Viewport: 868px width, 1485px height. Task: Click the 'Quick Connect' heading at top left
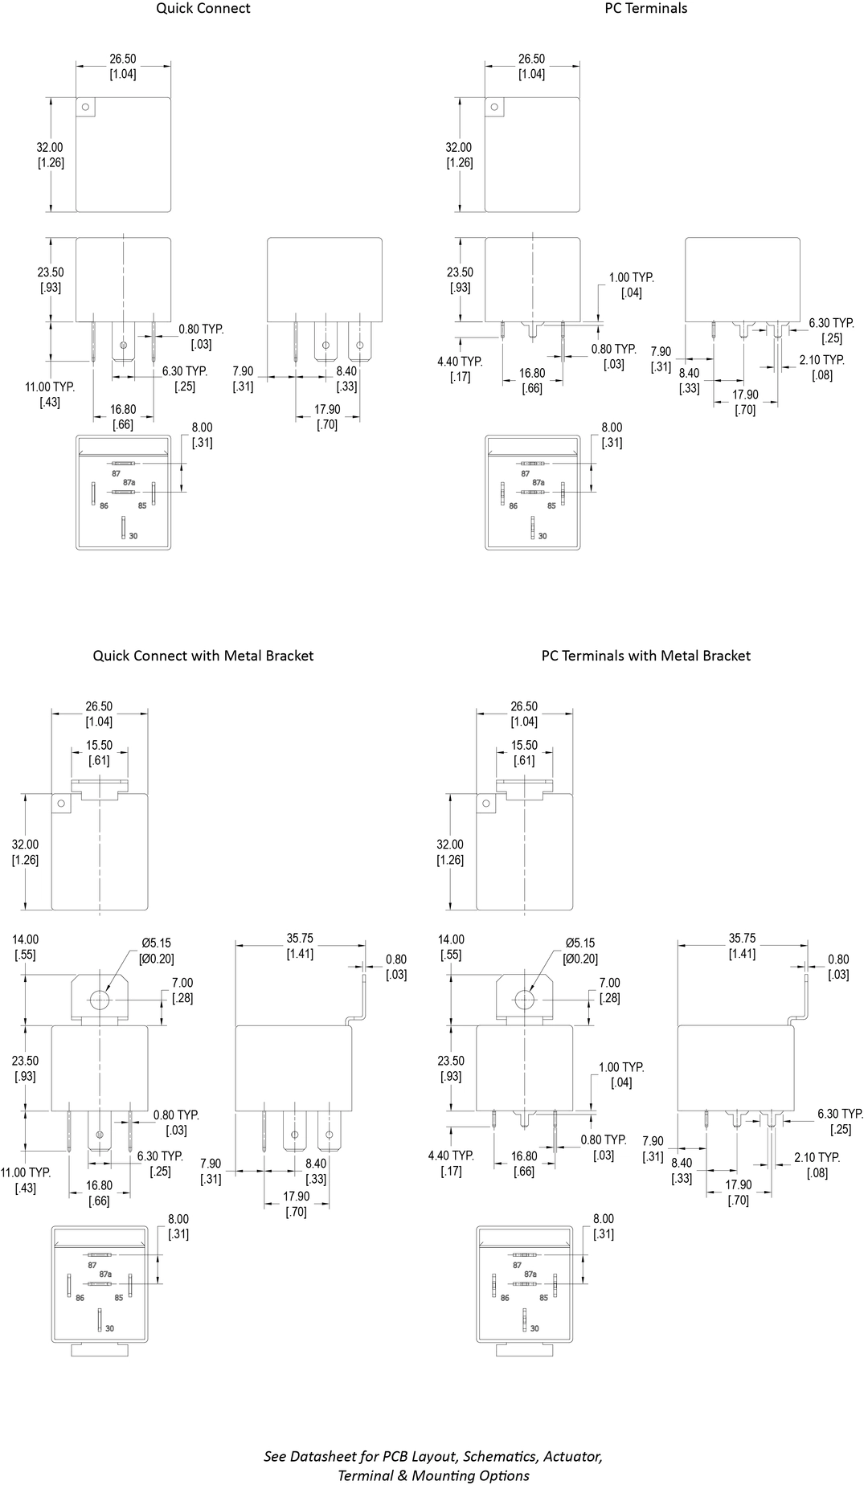pos(203,9)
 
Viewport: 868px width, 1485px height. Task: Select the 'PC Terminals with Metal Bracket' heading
pos(645,656)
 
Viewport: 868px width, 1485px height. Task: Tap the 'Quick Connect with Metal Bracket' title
pos(203,656)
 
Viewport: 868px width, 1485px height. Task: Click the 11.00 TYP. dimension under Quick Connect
pos(50,387)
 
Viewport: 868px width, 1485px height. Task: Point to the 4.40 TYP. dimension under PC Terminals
pos(460,362)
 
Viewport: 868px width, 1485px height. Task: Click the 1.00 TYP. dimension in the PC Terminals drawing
pos(631,278)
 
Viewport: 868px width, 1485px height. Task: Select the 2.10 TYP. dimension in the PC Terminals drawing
pos(821,360)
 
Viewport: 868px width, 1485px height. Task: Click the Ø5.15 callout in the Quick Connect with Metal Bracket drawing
pos(157,943)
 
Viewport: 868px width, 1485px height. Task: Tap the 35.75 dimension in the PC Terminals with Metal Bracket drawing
pos(742,939)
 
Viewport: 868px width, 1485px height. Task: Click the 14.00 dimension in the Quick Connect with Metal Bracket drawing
pos(25,939)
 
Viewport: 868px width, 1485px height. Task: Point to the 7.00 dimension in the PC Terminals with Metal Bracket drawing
pos(609,983)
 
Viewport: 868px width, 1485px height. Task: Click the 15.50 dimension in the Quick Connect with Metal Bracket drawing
pos(99,746)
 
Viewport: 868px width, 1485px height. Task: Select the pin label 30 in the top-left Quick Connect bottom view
pos(133,535)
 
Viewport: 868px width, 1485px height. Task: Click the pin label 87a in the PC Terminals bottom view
pos(538,483)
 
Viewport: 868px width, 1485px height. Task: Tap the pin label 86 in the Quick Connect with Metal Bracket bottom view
pos(80,1298)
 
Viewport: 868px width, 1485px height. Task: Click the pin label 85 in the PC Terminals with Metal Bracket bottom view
pos(543,1298)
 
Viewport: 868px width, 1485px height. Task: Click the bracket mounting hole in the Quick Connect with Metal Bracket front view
pos(100,1000)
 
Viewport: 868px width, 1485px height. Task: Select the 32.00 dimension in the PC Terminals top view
pos(459,148)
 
